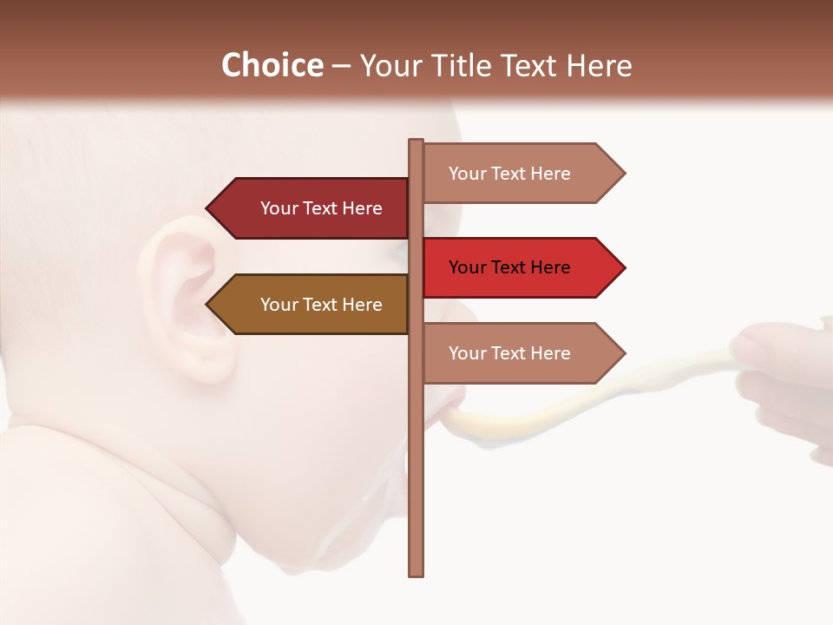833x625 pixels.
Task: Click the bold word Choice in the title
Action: tap(272, 65)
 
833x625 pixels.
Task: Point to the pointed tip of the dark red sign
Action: tap(209, 208)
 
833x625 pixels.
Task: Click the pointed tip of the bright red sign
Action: tap(622, 267)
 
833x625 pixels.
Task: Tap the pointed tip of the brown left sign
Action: tap(209, 305)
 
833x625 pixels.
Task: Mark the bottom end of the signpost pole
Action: tap(416, 572)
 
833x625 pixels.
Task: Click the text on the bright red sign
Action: tap(509, 267)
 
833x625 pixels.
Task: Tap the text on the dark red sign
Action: tap(321, 208)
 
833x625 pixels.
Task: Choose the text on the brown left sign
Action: tap(321, 305)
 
